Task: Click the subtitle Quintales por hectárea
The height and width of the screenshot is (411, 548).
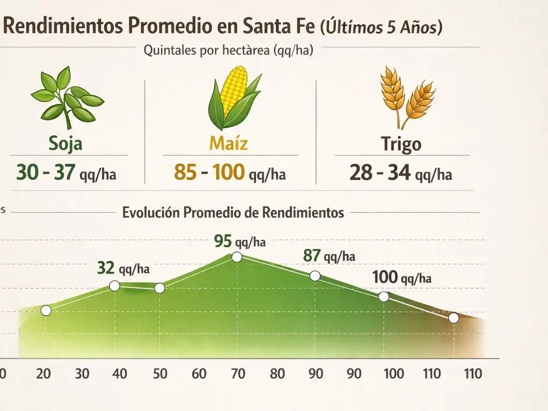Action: pyautogui.click(x=229, y=51)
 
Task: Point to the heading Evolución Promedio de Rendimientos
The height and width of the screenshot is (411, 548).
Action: pyautogui.click(x=233, y=212)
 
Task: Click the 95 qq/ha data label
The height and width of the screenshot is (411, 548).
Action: pyautogui.click(x=239, y=241)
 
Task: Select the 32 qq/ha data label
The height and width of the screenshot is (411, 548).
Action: pyautogui.click(x=124, y=268)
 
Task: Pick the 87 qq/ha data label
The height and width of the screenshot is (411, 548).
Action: pyautogui.click(x=329, y=256)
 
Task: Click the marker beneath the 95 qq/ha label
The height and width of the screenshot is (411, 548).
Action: pyautogui.click(x=237, y=257)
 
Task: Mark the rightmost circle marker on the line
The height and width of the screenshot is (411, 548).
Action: pyautogui.click(x=454, y=318)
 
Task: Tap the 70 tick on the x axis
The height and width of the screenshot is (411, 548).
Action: pyautogui.click(x=238, y=373)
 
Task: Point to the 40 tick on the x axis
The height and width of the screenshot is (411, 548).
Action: pyautogui.click(x=120, y=373)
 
